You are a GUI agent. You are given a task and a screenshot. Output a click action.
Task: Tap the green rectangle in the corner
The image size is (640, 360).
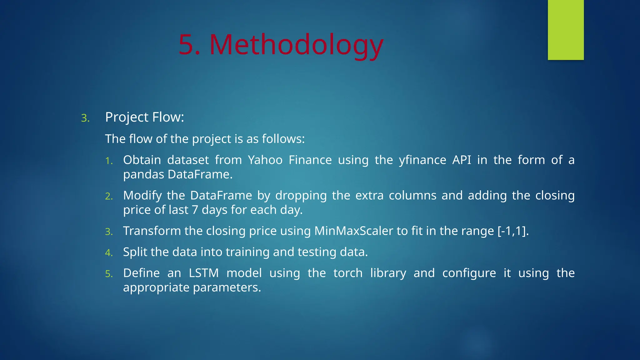(566, 30)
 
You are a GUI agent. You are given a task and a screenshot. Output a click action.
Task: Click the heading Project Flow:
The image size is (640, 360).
(144, 117)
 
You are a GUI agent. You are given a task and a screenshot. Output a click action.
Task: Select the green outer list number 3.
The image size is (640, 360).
(85, 118)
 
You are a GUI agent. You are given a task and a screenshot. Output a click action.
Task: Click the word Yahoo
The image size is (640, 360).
(265, 160)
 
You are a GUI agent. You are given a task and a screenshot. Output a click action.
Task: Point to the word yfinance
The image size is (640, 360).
(422, 160)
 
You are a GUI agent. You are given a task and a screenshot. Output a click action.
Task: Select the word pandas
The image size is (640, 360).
(143, 175)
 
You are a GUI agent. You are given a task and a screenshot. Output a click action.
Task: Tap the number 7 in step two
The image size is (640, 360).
(195, 210)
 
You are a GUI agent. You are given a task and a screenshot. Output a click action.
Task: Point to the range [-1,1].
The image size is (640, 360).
(513, 231)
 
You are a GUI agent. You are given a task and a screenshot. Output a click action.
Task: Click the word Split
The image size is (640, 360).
(135, 252)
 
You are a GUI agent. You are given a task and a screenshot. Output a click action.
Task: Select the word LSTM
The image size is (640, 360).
(204, 273)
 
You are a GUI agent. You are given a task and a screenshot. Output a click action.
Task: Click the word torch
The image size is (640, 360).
(347, 273)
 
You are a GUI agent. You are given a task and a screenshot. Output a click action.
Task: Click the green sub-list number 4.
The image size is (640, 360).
(108, 253)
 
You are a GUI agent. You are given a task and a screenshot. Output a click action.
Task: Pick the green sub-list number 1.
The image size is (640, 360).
(108, 161)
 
